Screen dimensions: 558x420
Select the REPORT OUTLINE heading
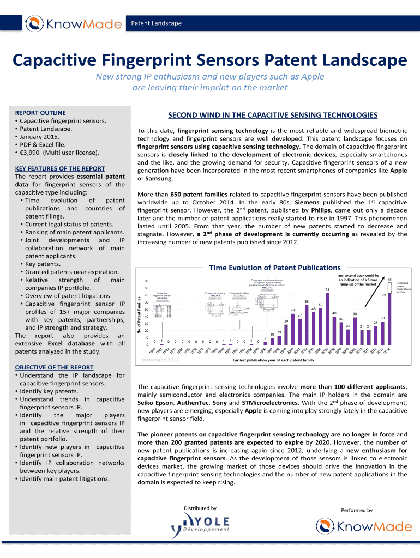(x=40, y=113)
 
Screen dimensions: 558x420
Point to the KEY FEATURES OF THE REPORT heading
(x=60, y=168)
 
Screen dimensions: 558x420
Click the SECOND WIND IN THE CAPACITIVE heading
(x=273, y=115)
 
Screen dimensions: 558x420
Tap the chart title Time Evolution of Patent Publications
(x=275, y=268)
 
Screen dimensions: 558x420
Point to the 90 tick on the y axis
(x=146, y=281)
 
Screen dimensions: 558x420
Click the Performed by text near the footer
(x=357, y=510)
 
